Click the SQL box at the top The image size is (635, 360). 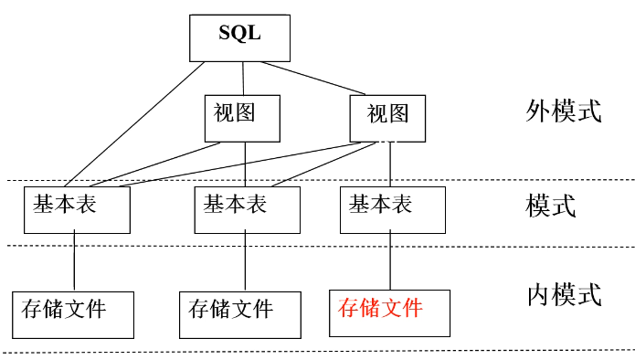239,37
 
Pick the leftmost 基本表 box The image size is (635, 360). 77,209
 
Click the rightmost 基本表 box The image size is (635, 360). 392,209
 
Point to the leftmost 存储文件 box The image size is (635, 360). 73,314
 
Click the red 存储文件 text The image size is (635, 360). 380,309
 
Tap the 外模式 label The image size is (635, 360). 564,111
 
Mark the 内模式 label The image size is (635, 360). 564,295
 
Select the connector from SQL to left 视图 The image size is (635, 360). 242,78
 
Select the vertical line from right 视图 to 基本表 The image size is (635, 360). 391,164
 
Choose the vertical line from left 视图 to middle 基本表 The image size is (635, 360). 245,164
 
